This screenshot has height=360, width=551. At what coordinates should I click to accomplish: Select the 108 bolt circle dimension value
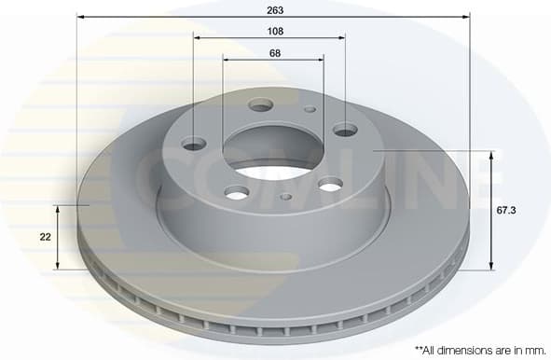click(x=274, y=30)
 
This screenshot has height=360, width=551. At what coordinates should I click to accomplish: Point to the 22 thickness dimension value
click(x=45, y=237)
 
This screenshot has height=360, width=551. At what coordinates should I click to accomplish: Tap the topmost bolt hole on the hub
click(x=261, y=104)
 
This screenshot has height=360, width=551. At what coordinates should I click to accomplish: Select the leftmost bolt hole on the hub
click(x=194, y=144)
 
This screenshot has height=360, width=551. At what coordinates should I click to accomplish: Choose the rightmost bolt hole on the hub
click(x=345, y=130)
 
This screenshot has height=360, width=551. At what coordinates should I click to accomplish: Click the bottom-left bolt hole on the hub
click(x=238, y=192)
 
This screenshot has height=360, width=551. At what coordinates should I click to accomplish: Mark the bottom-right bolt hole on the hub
click(x=330, y=186)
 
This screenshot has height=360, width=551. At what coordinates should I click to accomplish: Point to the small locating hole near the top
click(x=310, y=109)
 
